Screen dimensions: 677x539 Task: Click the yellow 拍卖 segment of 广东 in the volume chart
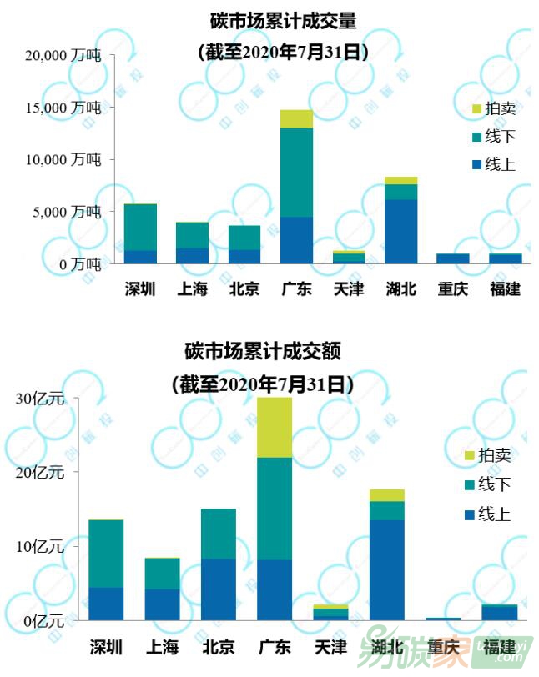pos(296,118)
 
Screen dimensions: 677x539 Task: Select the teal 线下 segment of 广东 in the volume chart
pos(296,172)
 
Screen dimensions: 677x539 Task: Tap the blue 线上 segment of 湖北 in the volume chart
pos(401,231)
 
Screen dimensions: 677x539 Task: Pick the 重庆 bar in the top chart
pos(453,258)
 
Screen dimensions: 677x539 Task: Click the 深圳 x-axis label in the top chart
pos(140,290)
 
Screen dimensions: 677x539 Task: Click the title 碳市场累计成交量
pos(283,20)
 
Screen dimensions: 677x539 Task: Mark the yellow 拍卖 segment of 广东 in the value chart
pos(275,427)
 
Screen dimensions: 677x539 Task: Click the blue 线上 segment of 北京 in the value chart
pos(219,589)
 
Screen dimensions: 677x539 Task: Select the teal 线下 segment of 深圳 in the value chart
pos(106,554)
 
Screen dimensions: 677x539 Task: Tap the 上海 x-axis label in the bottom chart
pos(163,647)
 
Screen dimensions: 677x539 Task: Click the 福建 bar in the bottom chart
pos(499,613)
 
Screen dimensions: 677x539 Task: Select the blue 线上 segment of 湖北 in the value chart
pos(386,570)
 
